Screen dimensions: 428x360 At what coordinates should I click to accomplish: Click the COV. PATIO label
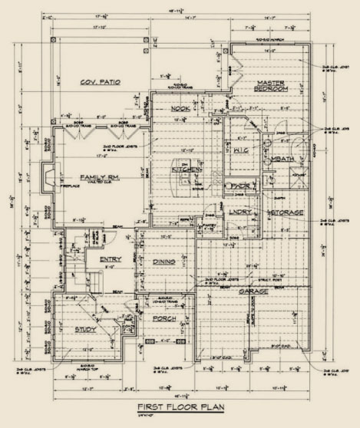101,81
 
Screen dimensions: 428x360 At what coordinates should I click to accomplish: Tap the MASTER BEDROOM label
272,86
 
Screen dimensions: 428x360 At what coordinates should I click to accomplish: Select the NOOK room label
180,109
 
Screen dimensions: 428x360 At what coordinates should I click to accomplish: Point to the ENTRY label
101,259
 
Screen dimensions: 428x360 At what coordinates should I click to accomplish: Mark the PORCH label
164,318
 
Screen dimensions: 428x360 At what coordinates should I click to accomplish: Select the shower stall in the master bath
294,181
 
